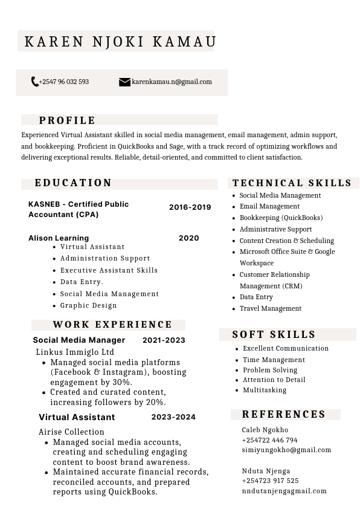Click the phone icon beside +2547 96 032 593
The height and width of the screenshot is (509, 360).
[34, 82]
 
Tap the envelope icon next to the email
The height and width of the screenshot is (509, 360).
[124, 82]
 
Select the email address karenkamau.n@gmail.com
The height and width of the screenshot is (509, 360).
[172, 82]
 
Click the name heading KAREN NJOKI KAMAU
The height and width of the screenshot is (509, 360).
[120, 42]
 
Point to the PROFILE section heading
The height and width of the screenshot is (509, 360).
[67, 120]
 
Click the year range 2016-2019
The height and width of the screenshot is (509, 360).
[190, 207]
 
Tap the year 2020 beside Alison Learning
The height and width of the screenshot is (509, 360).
[188, 238]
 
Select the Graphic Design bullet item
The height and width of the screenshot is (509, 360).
[88, 305]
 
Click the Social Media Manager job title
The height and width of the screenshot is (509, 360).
[79, 340]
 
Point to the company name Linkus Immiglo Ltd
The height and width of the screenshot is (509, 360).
[75, 352]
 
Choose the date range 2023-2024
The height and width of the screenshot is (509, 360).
[173, 417]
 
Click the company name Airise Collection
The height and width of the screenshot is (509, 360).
[71, 432]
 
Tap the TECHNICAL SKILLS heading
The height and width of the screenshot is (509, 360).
[292, 183]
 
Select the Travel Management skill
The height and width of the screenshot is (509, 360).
[270, 308]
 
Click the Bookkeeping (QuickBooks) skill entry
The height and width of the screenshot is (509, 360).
[281, 218]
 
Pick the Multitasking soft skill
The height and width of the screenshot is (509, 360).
[265, 390]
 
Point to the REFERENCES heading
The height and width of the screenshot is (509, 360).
[284, 415]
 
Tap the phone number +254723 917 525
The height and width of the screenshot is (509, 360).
[270, 481]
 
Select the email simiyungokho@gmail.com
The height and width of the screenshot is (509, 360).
[286, 450]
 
